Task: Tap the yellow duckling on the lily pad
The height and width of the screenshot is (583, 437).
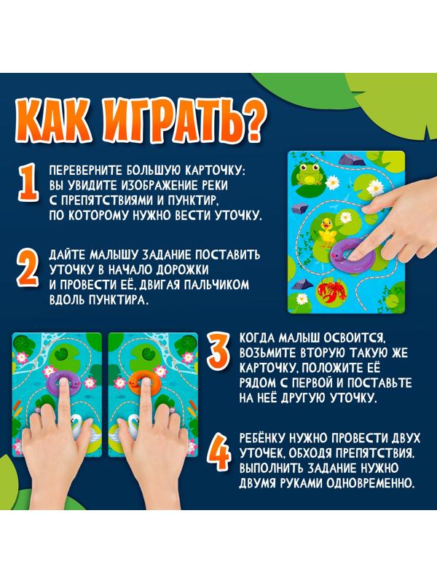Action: pyautogui.click(x=330, y=232)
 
